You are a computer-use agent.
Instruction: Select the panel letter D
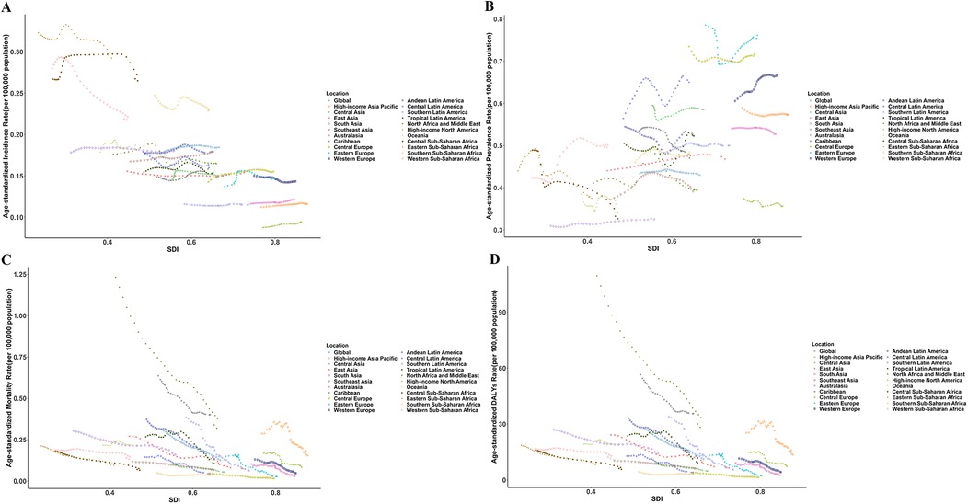tap(485, 259)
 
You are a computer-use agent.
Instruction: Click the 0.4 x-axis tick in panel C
tap(110, 492)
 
